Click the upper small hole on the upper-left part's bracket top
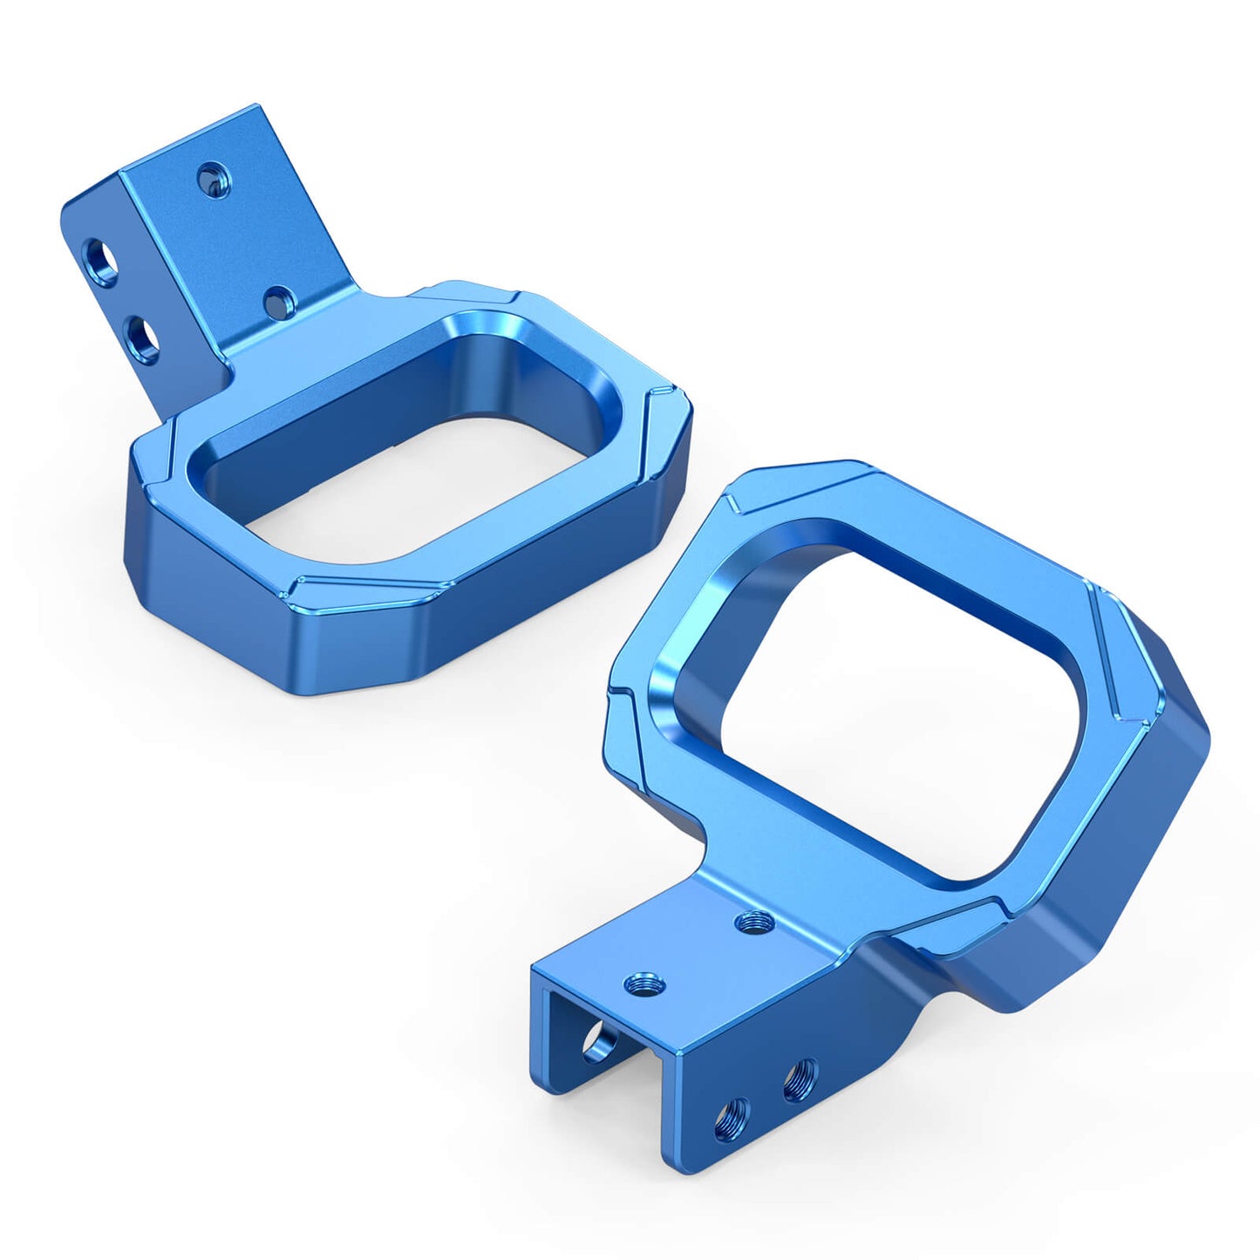210,180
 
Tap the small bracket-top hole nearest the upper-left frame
278,302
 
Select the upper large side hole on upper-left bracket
100,257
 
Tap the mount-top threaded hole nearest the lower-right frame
751,920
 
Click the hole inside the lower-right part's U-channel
596,1042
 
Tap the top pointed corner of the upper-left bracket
258,106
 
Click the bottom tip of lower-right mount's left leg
567,1088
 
